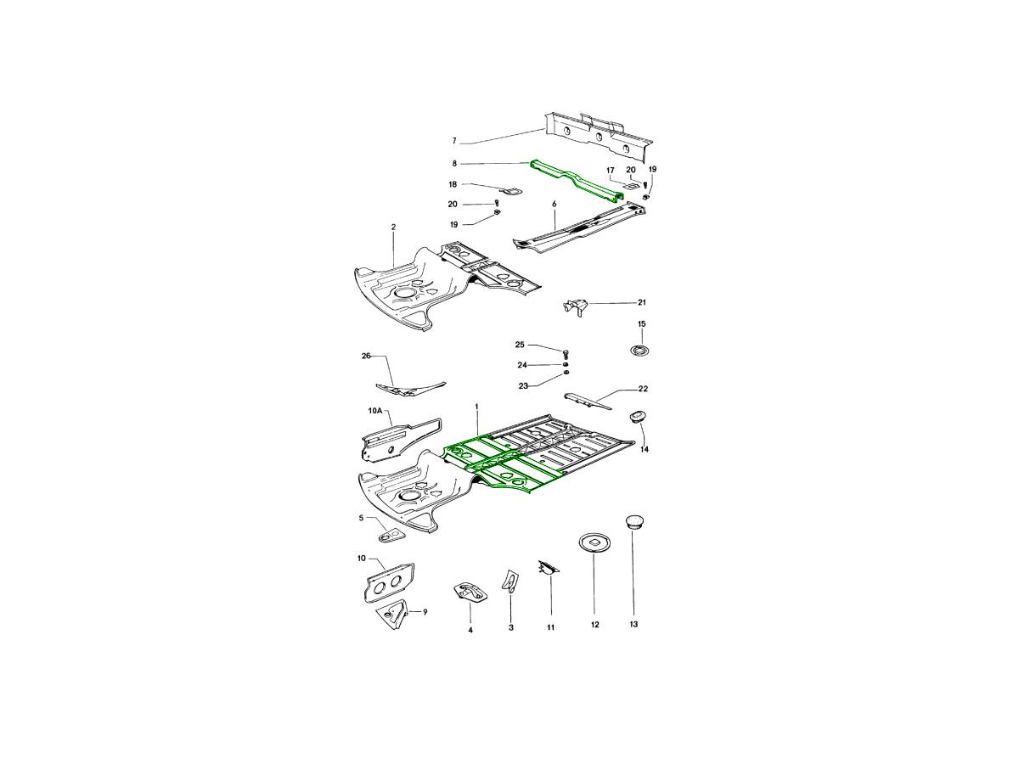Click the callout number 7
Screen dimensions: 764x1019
point(454,140)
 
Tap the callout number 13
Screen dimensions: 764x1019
point(633,624)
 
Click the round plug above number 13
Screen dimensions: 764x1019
point(633,520)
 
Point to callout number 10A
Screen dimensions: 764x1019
point(374,411)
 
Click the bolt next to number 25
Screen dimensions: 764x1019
point(566,351)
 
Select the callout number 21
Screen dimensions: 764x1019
point(642,302)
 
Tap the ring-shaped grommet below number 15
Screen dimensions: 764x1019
point(642,350)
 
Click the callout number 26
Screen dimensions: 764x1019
point(366,356)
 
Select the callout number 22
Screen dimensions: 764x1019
point(643,389)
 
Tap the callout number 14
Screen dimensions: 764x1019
point(645,449)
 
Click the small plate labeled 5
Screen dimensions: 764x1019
point(391,536)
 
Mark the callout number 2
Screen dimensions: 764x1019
point(394,227)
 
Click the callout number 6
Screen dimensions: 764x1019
point(554,205)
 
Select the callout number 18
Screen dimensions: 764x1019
point(453,184)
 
